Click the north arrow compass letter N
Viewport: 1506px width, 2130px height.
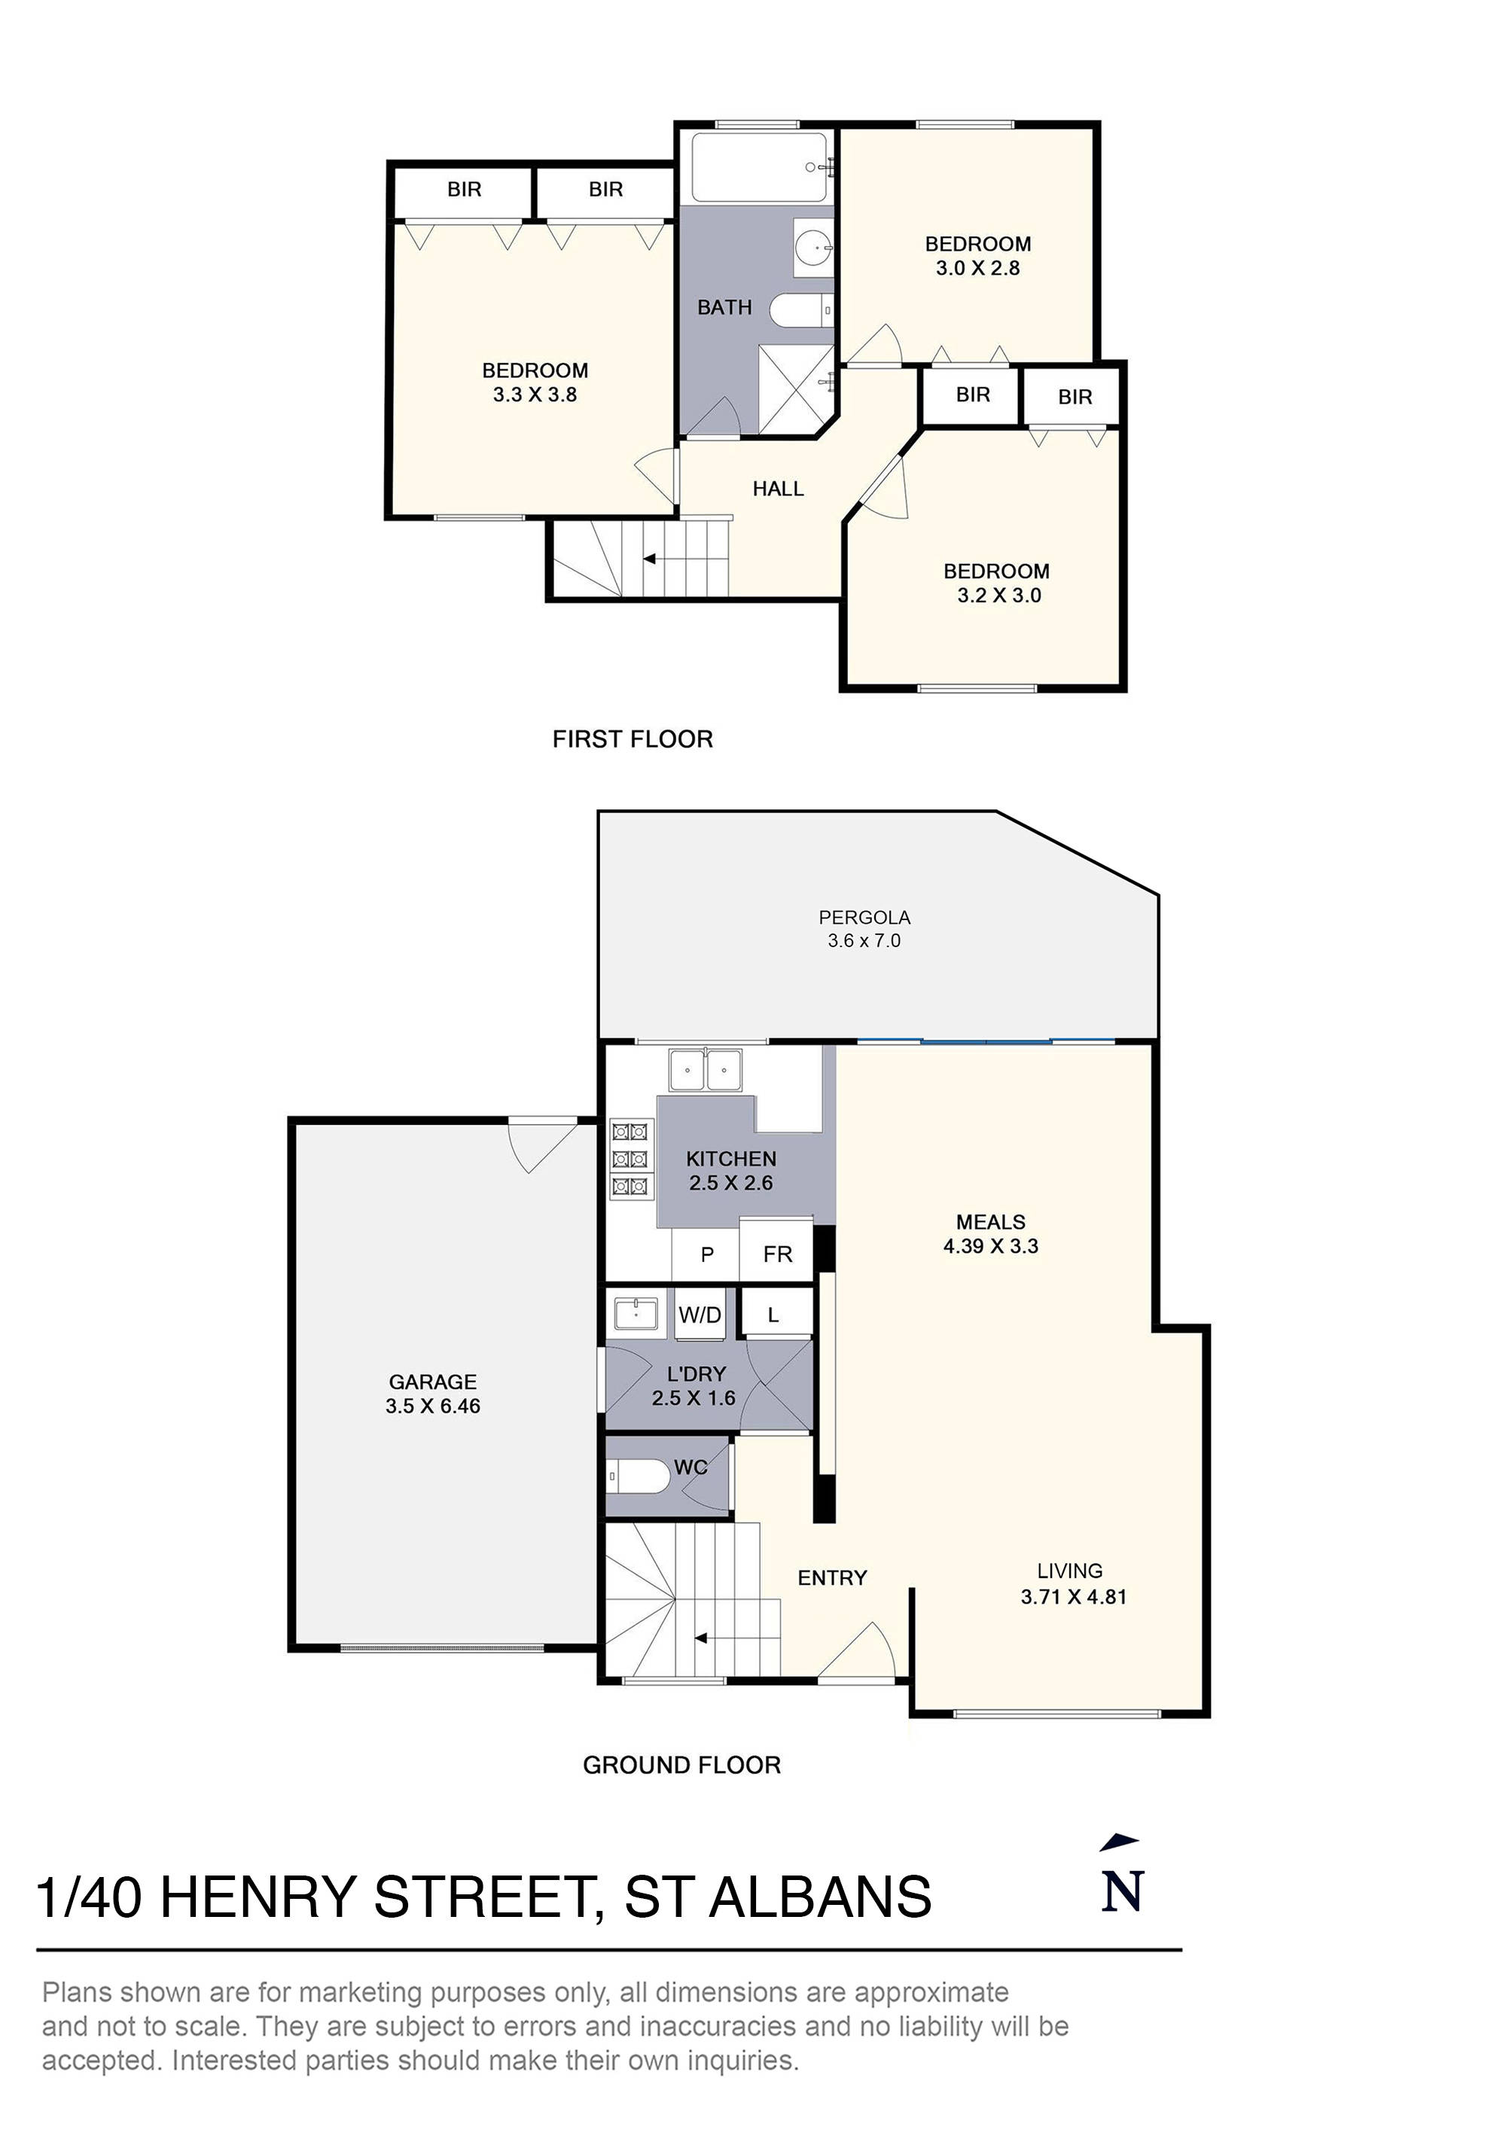coord(1122,1891)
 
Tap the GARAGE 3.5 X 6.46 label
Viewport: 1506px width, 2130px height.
coord(432,1394)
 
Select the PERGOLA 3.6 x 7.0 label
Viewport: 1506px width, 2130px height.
coord(864,928)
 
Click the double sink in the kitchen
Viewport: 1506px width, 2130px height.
coord(706,1070)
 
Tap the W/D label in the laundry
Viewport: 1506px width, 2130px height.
coord(700,1315)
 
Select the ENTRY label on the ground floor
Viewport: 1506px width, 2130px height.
coord(831,1577)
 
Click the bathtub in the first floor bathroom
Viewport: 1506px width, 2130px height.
coord(759,167)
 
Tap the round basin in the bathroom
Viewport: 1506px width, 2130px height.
coord(814,248)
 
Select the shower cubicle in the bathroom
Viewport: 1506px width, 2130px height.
coord(795,388)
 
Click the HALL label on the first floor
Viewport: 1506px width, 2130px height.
coord(778,489)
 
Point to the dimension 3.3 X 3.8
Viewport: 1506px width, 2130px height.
coord(535,395)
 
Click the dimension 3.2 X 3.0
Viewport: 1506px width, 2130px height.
coord(998,596)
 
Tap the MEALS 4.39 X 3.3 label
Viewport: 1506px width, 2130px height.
coord(990,1234)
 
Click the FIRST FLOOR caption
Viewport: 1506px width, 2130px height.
coord(632,739)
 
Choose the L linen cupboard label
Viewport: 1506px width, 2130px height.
coord(773,1315)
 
